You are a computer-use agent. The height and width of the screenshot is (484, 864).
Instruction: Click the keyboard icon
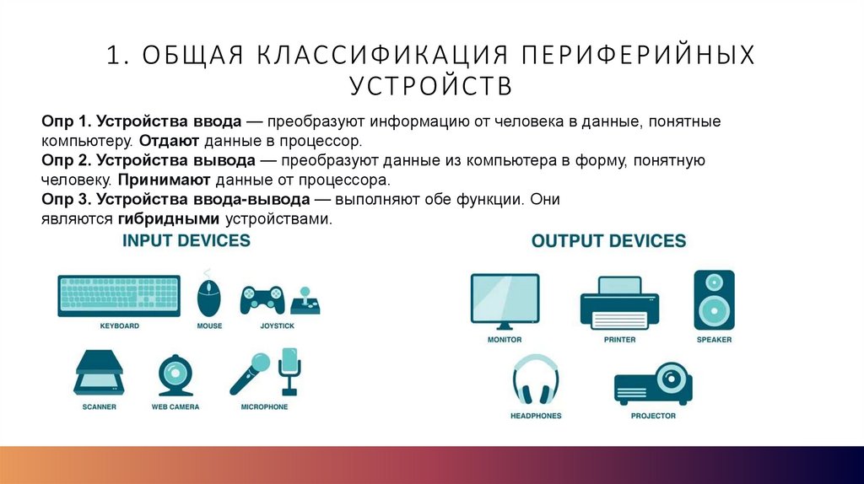[119, 296]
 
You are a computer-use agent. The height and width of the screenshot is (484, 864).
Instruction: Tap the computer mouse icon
[209, 296]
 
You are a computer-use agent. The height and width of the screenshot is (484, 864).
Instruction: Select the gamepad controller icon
[261, 300]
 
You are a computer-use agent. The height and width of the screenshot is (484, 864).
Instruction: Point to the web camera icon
[175, 375]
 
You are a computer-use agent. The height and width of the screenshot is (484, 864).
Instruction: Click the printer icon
[619, 304]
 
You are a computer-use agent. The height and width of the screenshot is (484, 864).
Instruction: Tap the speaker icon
[714, 300]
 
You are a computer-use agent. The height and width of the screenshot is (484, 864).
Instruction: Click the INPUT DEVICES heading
[186, 241]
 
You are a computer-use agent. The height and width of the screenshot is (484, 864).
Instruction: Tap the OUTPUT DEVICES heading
[608, 242]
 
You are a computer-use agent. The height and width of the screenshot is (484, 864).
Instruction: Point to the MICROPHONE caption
[264, 407]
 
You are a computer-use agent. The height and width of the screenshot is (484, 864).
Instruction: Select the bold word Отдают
[169, 141]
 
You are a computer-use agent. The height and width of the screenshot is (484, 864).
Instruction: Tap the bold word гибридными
[169, 219]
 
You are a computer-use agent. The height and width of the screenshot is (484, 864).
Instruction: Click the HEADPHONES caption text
[536, 416]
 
